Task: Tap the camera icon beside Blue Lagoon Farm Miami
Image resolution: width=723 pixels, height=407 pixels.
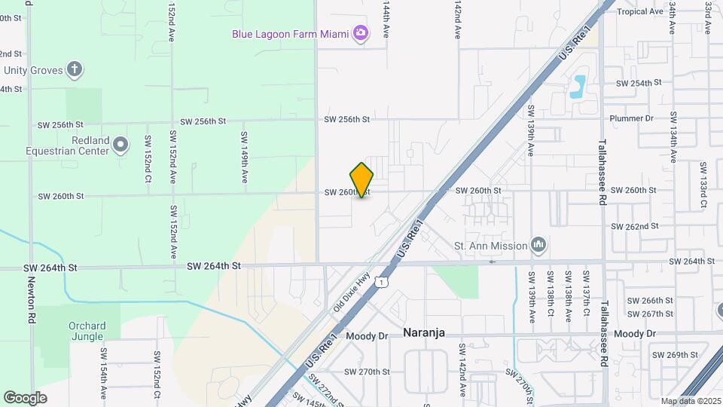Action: tap(361, 32)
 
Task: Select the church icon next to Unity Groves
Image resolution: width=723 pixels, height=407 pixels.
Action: tap(74, 70)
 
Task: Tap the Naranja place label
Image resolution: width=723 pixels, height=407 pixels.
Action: tap(424, 332)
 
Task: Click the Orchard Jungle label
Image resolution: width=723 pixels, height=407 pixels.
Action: tap(87, 332)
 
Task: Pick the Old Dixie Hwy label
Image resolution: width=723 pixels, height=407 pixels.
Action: tap(351, 293)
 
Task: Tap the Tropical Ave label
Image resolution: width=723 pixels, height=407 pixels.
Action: tap(640, 11)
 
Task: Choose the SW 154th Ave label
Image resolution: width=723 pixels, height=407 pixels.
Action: tap(104, 372)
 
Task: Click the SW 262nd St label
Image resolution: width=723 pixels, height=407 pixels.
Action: tap(636, 226)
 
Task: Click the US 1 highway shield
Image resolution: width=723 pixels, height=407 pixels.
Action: tap(383, 282)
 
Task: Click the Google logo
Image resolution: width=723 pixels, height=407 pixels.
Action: tap(25, 397)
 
